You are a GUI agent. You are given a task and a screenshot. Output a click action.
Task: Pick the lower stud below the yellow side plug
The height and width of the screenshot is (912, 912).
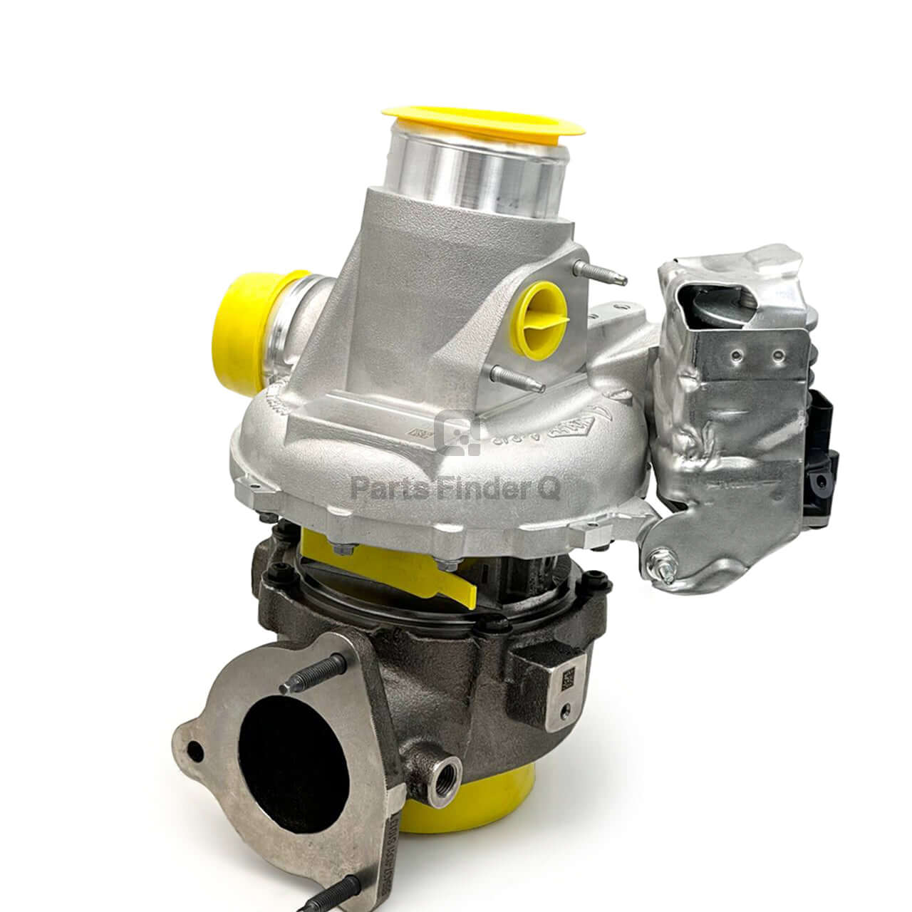[517, 378]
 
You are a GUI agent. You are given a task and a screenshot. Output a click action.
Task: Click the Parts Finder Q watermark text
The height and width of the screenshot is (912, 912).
[456, 489]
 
